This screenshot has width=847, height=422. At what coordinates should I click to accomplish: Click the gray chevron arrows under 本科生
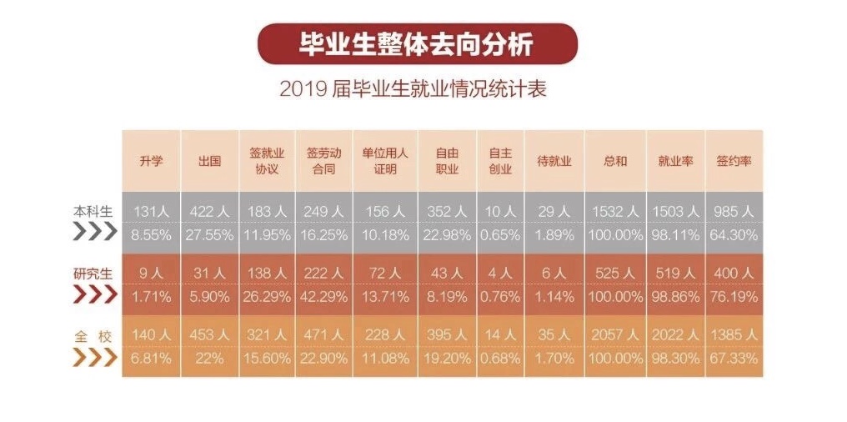coord(95,234)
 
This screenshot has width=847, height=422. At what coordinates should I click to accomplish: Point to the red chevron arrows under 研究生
coord(95,295)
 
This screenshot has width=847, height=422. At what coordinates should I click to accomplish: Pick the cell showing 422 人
coord(209,213)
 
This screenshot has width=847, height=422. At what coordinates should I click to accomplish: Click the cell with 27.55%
coord(209,235)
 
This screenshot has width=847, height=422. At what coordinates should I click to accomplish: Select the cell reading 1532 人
coord(615,213)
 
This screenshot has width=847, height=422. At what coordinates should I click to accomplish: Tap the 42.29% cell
coord(325,295)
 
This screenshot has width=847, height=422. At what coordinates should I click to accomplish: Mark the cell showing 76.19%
coord(734,295)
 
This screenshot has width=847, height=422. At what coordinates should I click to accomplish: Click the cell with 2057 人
coord(615,334)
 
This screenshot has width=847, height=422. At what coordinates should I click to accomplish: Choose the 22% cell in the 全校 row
coord(209,358)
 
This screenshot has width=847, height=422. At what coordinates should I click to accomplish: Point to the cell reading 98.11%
coord(675,235)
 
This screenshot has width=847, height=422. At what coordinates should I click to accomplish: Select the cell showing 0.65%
coord(500,235)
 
